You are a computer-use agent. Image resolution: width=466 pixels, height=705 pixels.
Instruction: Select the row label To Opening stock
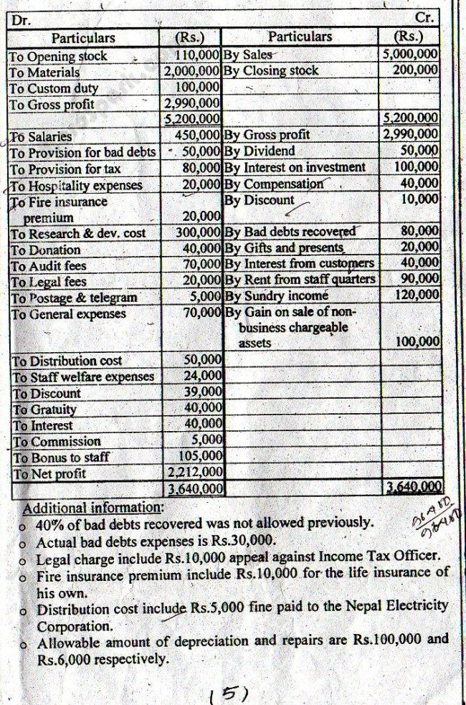pos(58,56)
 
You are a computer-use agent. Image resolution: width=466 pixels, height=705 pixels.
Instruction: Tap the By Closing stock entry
pos(271,71)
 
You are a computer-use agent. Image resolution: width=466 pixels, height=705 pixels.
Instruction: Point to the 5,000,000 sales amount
pos(411,54)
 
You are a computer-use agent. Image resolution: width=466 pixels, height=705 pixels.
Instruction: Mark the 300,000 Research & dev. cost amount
pos(198,232)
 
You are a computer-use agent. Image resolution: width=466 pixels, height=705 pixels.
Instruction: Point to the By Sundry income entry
pos(276,295)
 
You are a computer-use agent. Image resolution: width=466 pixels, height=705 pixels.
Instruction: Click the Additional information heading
pos(93,508)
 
